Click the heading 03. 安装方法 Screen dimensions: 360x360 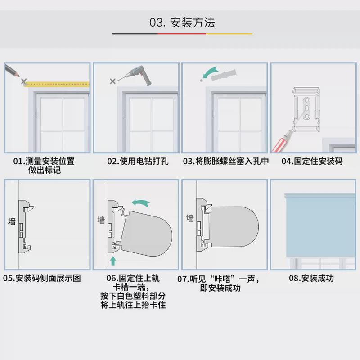(182, 22)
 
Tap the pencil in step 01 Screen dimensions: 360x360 (13, 72)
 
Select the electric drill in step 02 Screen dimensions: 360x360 (139, 75)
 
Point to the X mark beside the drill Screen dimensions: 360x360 (112, 81)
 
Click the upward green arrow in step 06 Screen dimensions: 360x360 (112, 260)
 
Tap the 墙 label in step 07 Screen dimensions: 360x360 (190, 218)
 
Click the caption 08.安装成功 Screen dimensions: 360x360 (312, 278)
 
